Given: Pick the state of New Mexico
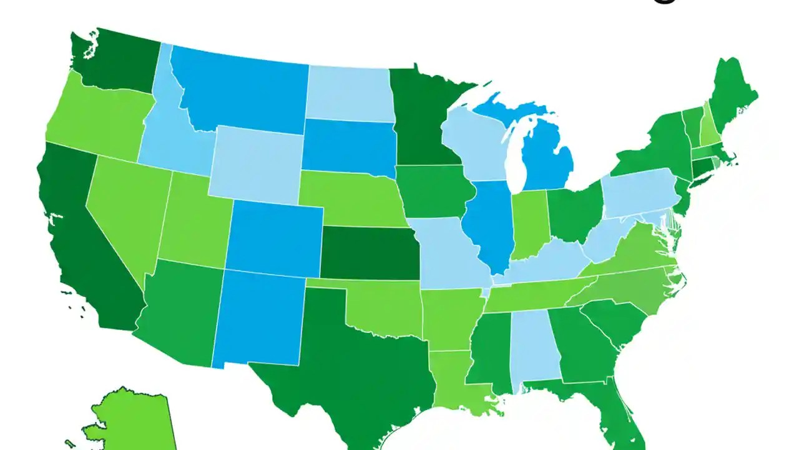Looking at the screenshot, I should pyautogui.click(x=259, y=319).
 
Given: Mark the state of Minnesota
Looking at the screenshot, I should pyautogui.click(x=421, y=119).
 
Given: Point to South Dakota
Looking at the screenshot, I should pyautogui.click(x=346, y=147).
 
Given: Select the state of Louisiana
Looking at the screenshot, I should pyautogui.click(x=459, y=381).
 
